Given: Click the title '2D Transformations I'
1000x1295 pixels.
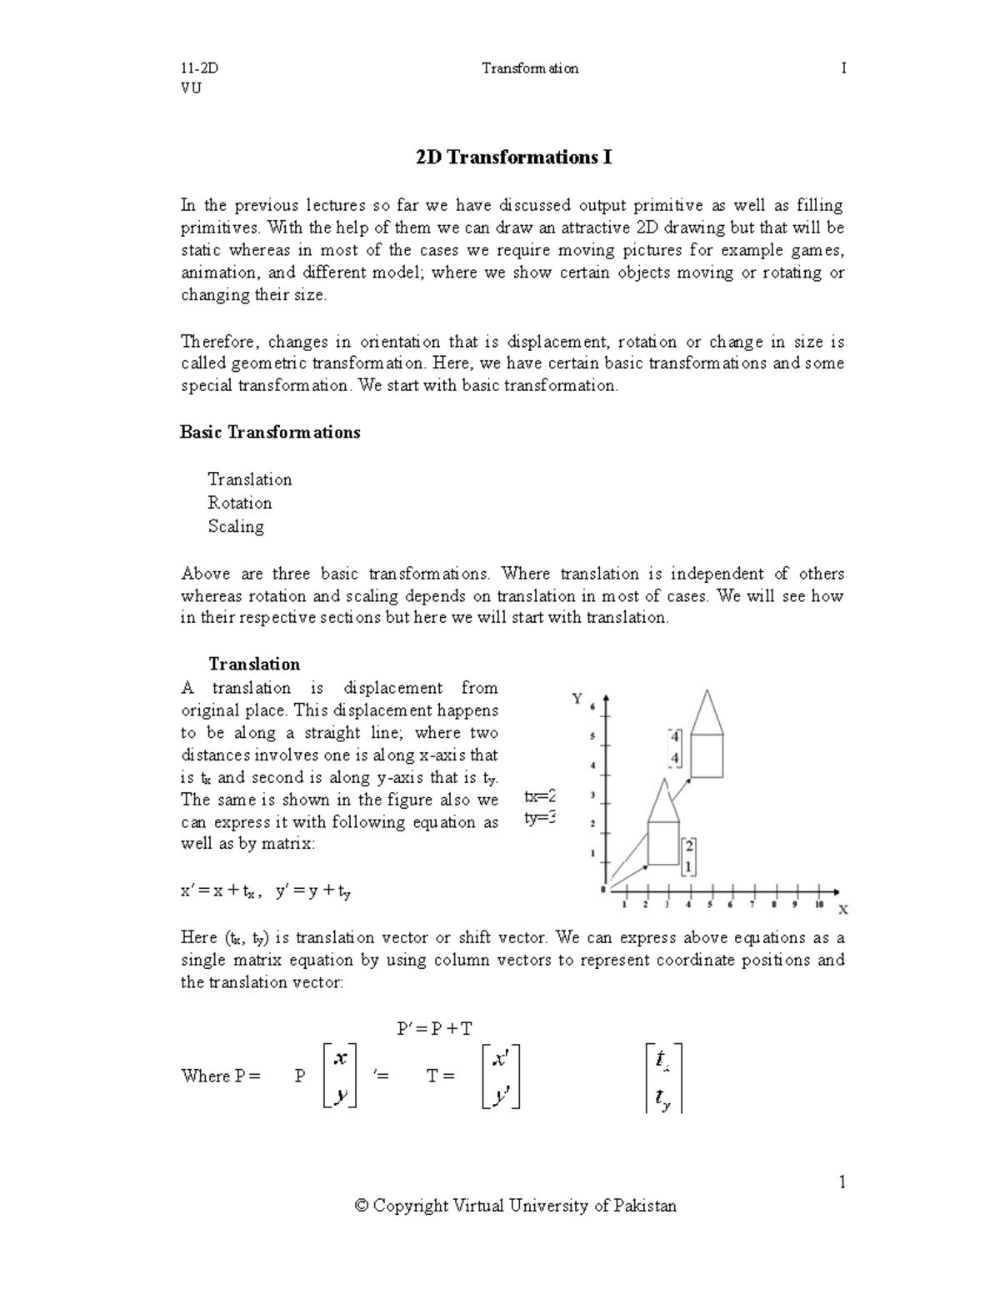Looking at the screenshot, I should click(513, 158).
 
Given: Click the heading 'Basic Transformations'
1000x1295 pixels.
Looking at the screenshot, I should click(270, 432).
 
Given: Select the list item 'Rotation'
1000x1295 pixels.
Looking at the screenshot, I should click(239, 503).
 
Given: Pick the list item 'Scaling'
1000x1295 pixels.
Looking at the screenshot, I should click(236, 526).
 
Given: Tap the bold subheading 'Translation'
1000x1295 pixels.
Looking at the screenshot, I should click(254, 664).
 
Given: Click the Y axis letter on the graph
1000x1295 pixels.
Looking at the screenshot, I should click(577, 699).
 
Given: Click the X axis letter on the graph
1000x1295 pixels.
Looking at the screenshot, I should click(842, 909).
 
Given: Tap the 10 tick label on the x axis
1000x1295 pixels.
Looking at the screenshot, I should click(819, 904).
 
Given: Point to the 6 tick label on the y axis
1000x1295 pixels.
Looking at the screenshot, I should click(592, 707).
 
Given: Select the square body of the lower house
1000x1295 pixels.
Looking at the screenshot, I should click(663, 842).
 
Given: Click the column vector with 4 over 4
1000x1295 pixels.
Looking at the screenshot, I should click(675, 747).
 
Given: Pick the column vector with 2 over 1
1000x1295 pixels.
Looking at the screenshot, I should click(688, 856).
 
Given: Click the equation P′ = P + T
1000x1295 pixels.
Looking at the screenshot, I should click(434, 1028).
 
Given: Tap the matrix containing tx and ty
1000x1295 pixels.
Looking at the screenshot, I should click(663, 1077).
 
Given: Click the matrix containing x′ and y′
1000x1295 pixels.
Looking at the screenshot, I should click(501, 1077).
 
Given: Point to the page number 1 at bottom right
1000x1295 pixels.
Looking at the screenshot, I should click(842, 1182).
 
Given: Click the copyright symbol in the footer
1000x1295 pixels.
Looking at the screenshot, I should click(361, 1206).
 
